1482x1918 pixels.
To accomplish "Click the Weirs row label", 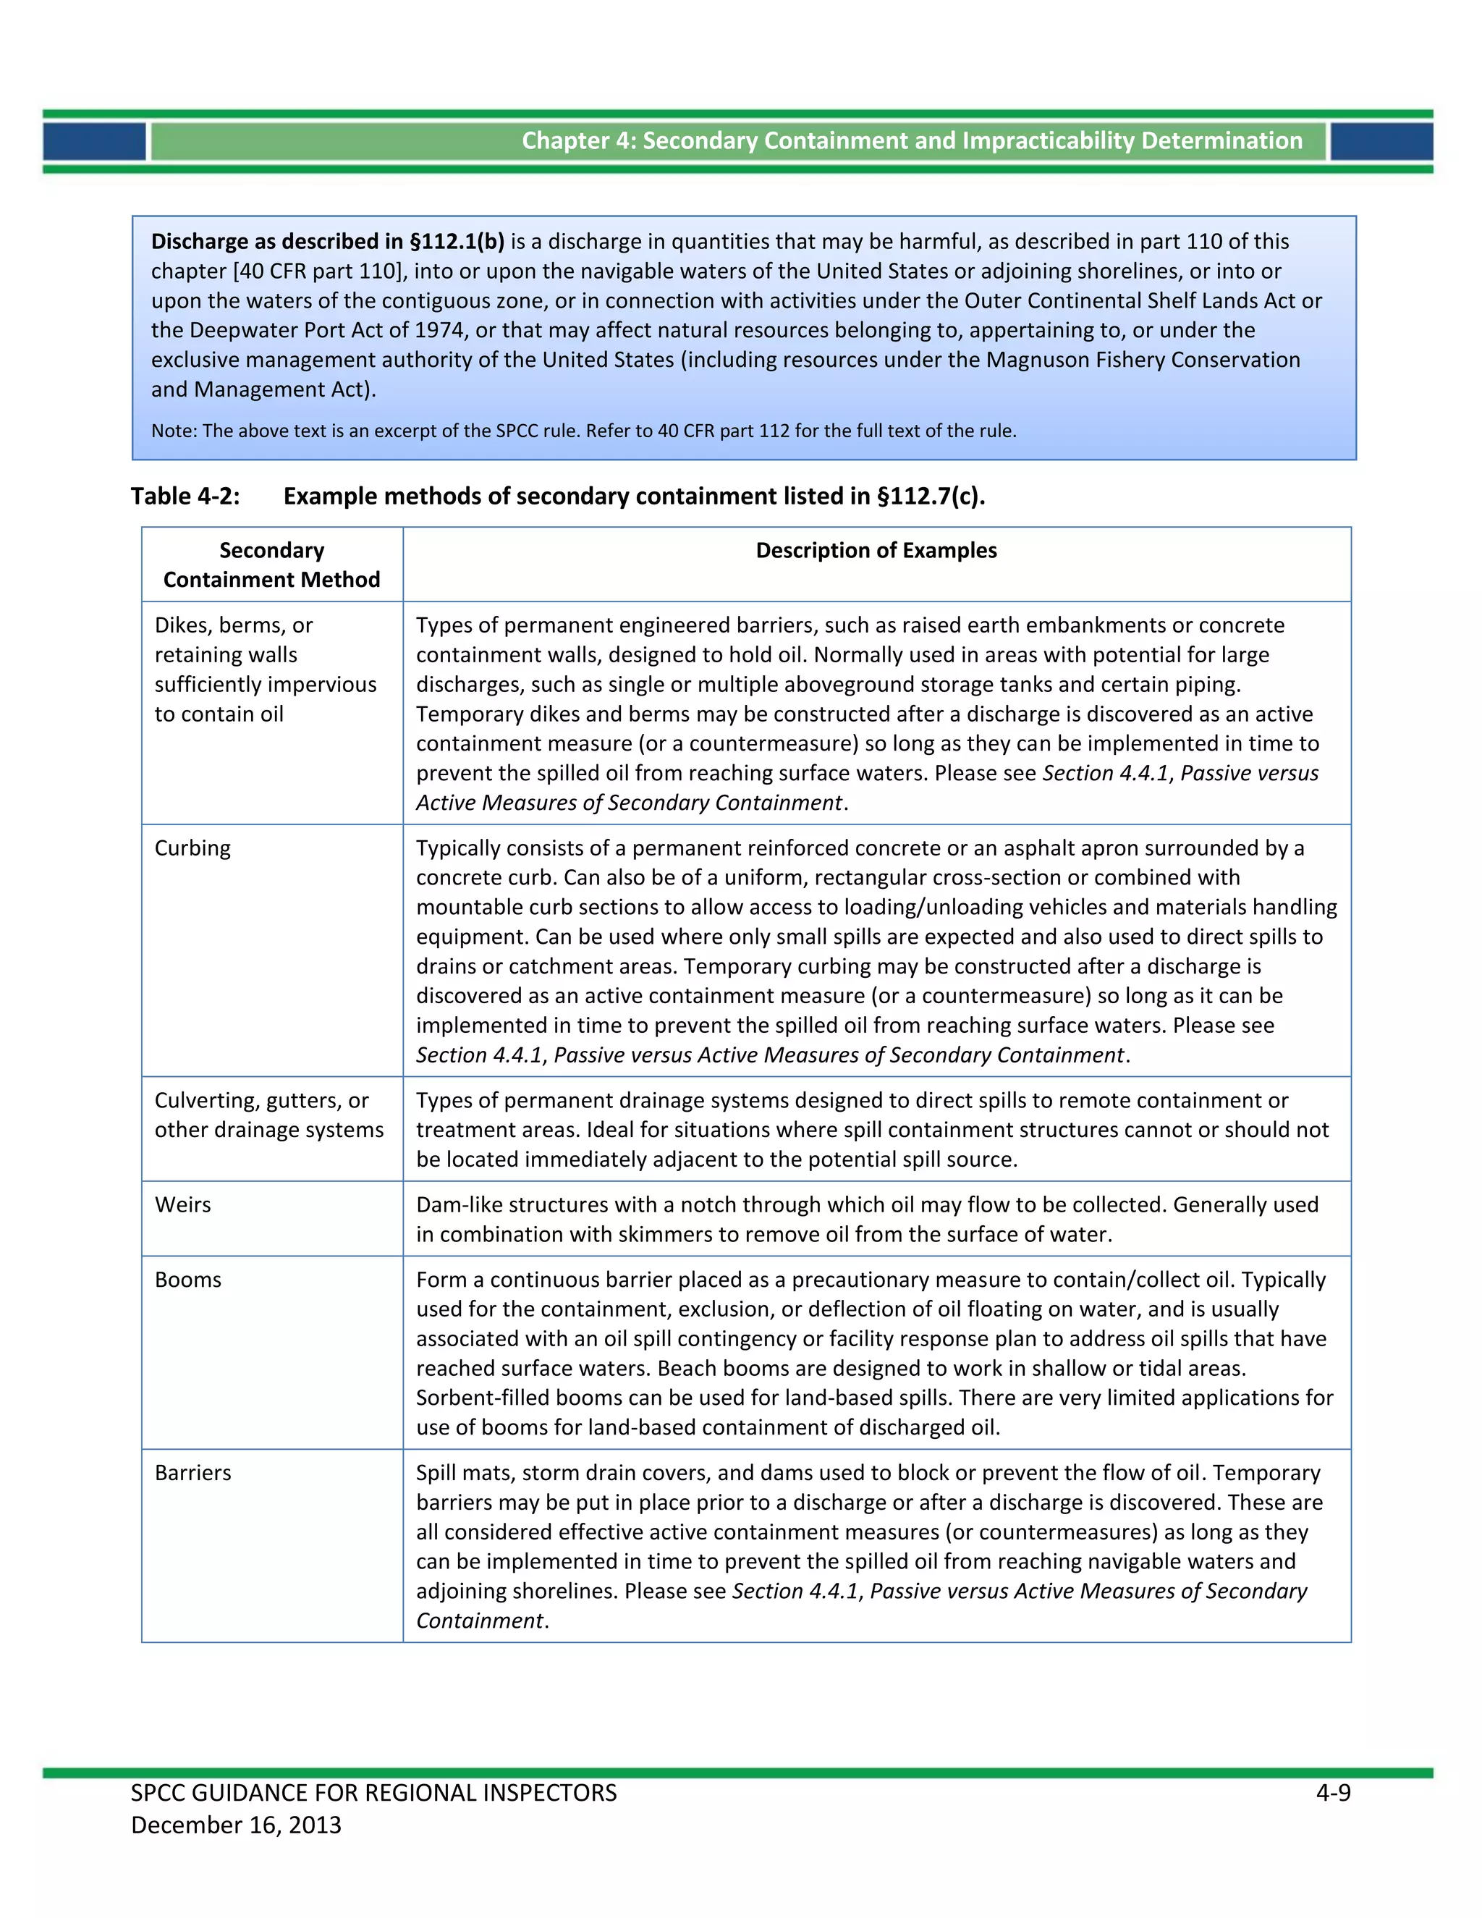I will tap(182, 1205).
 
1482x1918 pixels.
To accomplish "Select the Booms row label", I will tap(188, 1280).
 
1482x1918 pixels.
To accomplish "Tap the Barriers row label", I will tap(193, 1473).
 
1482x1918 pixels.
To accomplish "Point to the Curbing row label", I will tap(193, 848).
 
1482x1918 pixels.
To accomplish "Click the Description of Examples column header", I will tap(876, 551).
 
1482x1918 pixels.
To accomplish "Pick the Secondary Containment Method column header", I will tap(271, 565).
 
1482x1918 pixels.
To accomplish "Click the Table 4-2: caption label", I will tap(185, 497).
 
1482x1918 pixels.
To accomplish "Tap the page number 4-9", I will tap(1333, 1794).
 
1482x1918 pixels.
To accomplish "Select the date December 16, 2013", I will tap(236, 1825).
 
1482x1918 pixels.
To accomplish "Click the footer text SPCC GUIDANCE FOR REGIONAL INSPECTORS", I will tap(374, 1794).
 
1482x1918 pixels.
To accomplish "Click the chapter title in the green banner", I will tap(911, 140).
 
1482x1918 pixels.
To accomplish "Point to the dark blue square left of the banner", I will tap(94, 141).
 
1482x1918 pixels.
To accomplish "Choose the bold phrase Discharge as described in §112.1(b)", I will tap(328, 242).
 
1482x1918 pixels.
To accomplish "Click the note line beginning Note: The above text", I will tap(583, 431).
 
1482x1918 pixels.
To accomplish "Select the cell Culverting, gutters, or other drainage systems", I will tap(268, 1115).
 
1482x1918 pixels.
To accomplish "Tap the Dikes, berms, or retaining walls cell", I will tap(265, 669).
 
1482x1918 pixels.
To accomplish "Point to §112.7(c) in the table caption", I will tap(931, 497).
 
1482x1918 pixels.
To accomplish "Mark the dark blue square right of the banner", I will tap(1382, 141).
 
